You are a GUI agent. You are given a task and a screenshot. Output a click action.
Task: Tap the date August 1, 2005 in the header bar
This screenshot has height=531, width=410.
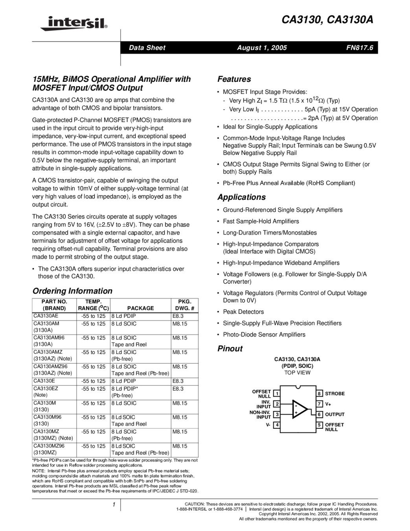point(262,48)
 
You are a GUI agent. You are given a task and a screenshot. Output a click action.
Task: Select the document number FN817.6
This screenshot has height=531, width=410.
point(359,48)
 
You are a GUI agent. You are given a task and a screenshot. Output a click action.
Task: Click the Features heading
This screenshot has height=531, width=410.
point(234,79)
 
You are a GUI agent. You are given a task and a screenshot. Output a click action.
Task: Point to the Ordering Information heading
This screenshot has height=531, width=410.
point(72,291)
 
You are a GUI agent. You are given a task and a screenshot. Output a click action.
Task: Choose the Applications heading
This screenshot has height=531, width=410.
point(241,197)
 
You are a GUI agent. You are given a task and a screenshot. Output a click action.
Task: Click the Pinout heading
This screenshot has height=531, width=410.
point(230,348)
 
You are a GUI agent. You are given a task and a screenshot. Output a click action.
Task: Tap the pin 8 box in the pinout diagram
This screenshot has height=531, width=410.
point(320,393)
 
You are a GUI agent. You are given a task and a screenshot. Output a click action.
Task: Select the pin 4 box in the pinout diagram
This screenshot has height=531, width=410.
point(277,425)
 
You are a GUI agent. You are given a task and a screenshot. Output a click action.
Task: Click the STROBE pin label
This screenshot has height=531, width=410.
point(335,393)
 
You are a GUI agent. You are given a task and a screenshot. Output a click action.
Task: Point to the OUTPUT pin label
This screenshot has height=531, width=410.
point(335,415)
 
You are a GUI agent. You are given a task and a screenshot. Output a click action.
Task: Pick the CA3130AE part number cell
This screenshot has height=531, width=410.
point(46,316)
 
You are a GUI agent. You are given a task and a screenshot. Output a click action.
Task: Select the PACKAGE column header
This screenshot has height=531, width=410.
point(140,308)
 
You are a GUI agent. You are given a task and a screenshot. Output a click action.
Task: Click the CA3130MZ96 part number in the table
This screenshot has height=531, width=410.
point(49,446)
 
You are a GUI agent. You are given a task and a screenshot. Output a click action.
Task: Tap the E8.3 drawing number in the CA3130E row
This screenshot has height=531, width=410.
point(178,381)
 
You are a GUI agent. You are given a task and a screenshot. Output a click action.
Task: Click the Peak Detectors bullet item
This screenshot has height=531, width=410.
point(243,312)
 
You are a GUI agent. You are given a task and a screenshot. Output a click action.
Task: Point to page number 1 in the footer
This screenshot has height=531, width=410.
point(113,505)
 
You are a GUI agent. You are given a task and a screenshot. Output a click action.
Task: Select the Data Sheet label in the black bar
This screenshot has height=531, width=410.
point(147,48)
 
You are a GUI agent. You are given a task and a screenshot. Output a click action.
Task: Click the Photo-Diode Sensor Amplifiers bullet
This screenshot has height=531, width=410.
point(264,335)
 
